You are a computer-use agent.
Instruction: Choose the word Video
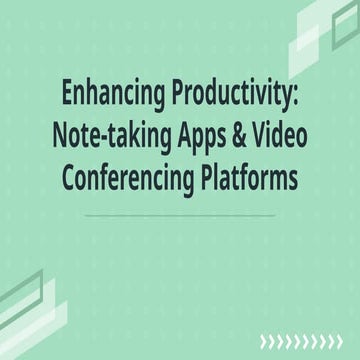point(289,141)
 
